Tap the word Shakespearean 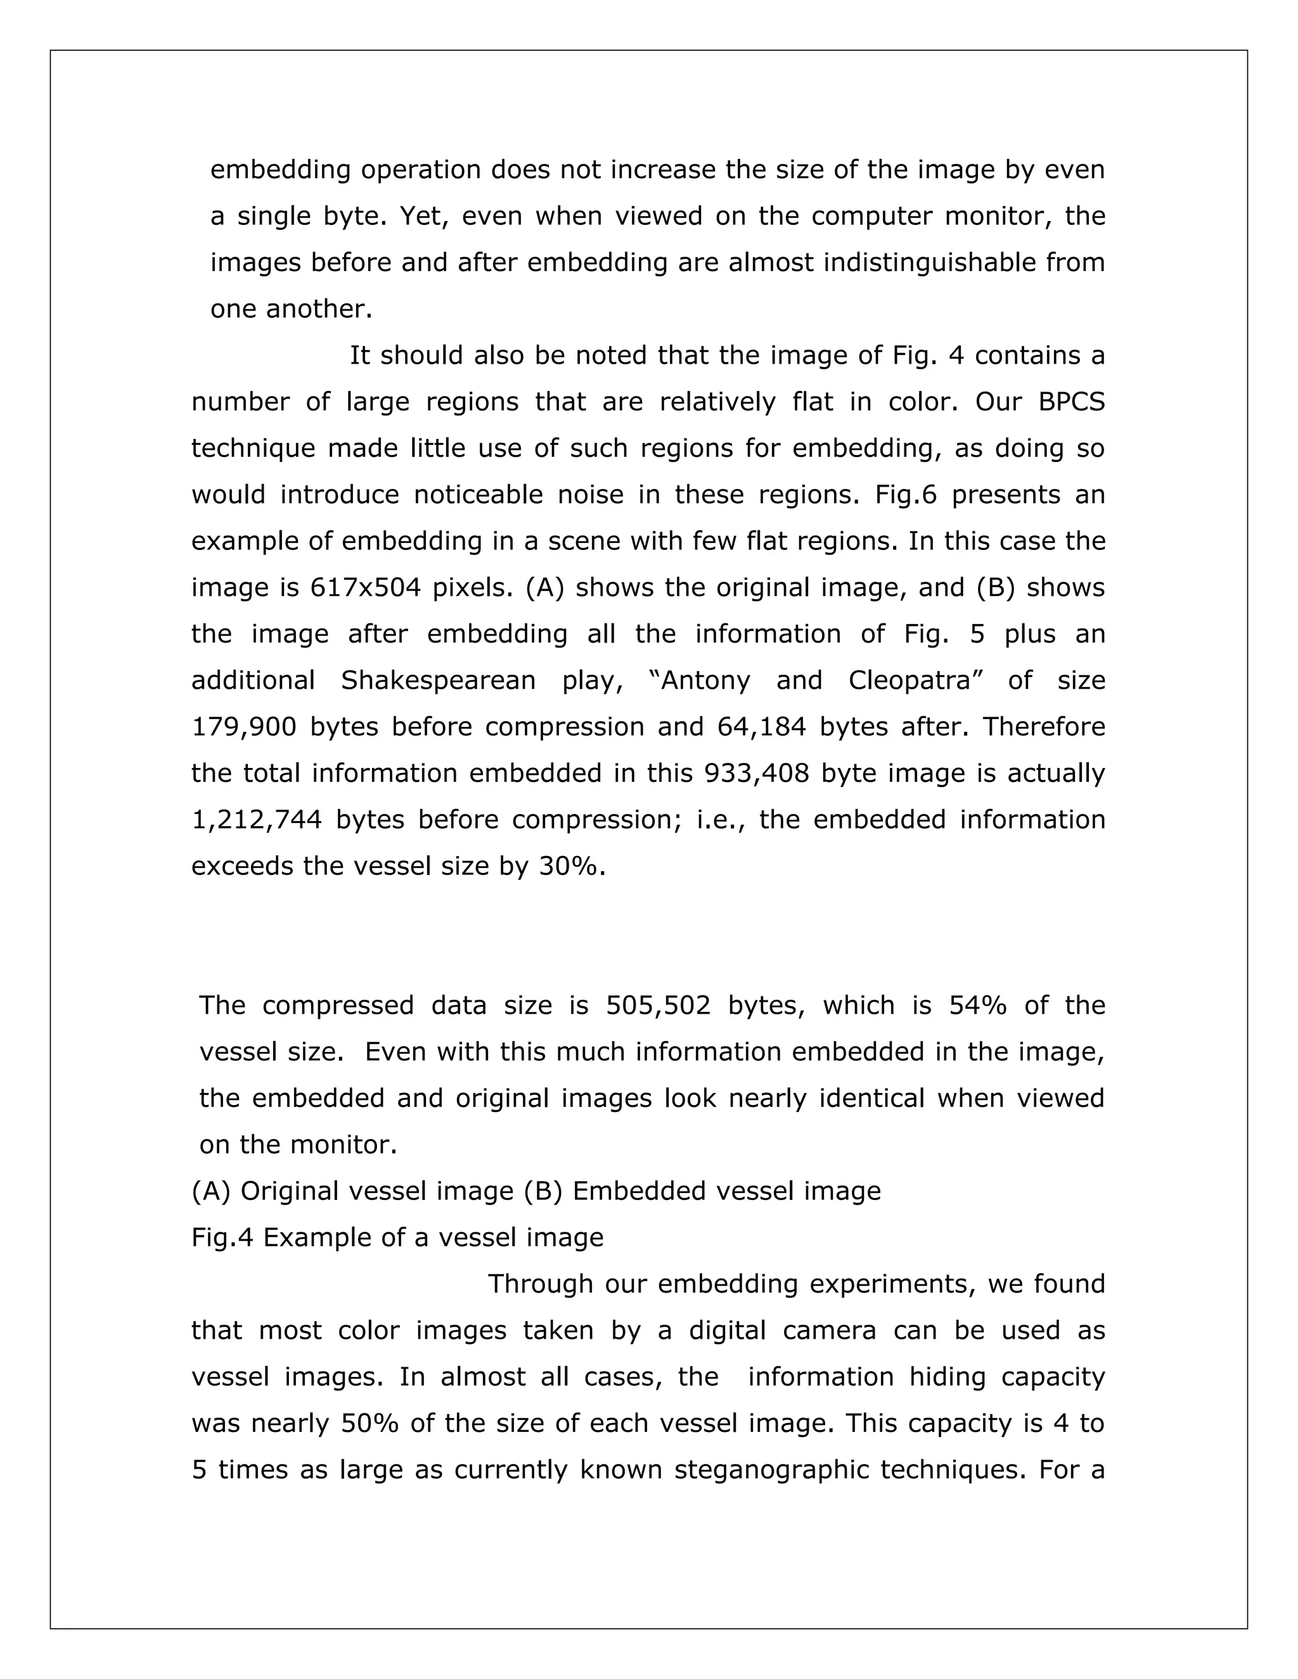pyautogui.click(x=437, y=680)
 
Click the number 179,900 pyautogui.click(x=244, y=727)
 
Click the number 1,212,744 pyautogui.click(x=256, y=819)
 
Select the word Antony pyautogui.click(x=705, y=680)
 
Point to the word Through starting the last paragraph pyautogui.click(x=541, y=1284)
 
